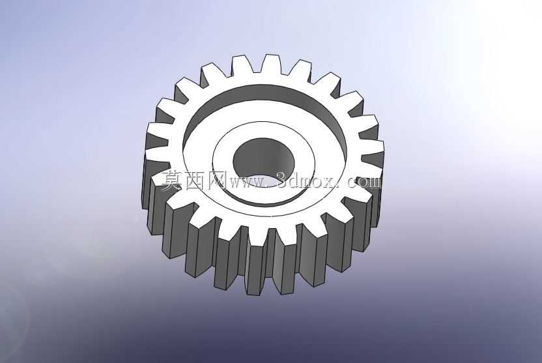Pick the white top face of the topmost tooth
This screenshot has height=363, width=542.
(x=270, y=64)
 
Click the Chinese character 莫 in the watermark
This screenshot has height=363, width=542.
(x=172, y=181)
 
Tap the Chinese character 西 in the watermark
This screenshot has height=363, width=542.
(x=195, y=181)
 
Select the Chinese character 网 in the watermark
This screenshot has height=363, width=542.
(x=218, y=181)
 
